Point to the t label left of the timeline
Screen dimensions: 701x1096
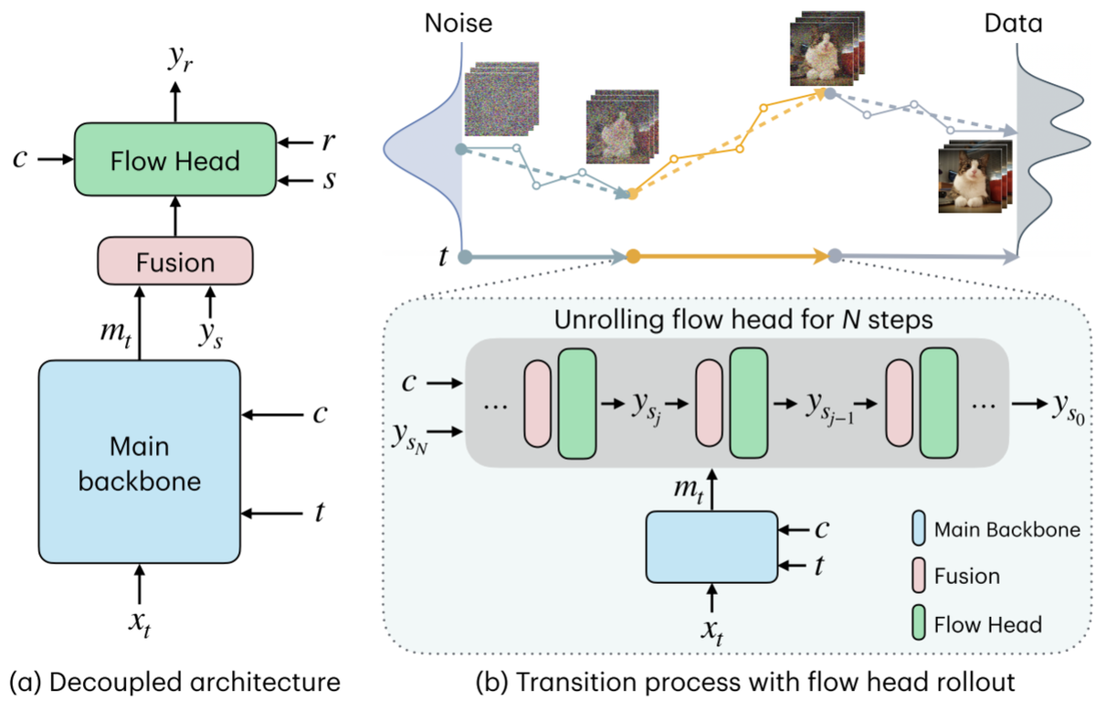443,257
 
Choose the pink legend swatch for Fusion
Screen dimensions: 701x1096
920,577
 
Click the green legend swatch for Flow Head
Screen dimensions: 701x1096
920,624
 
